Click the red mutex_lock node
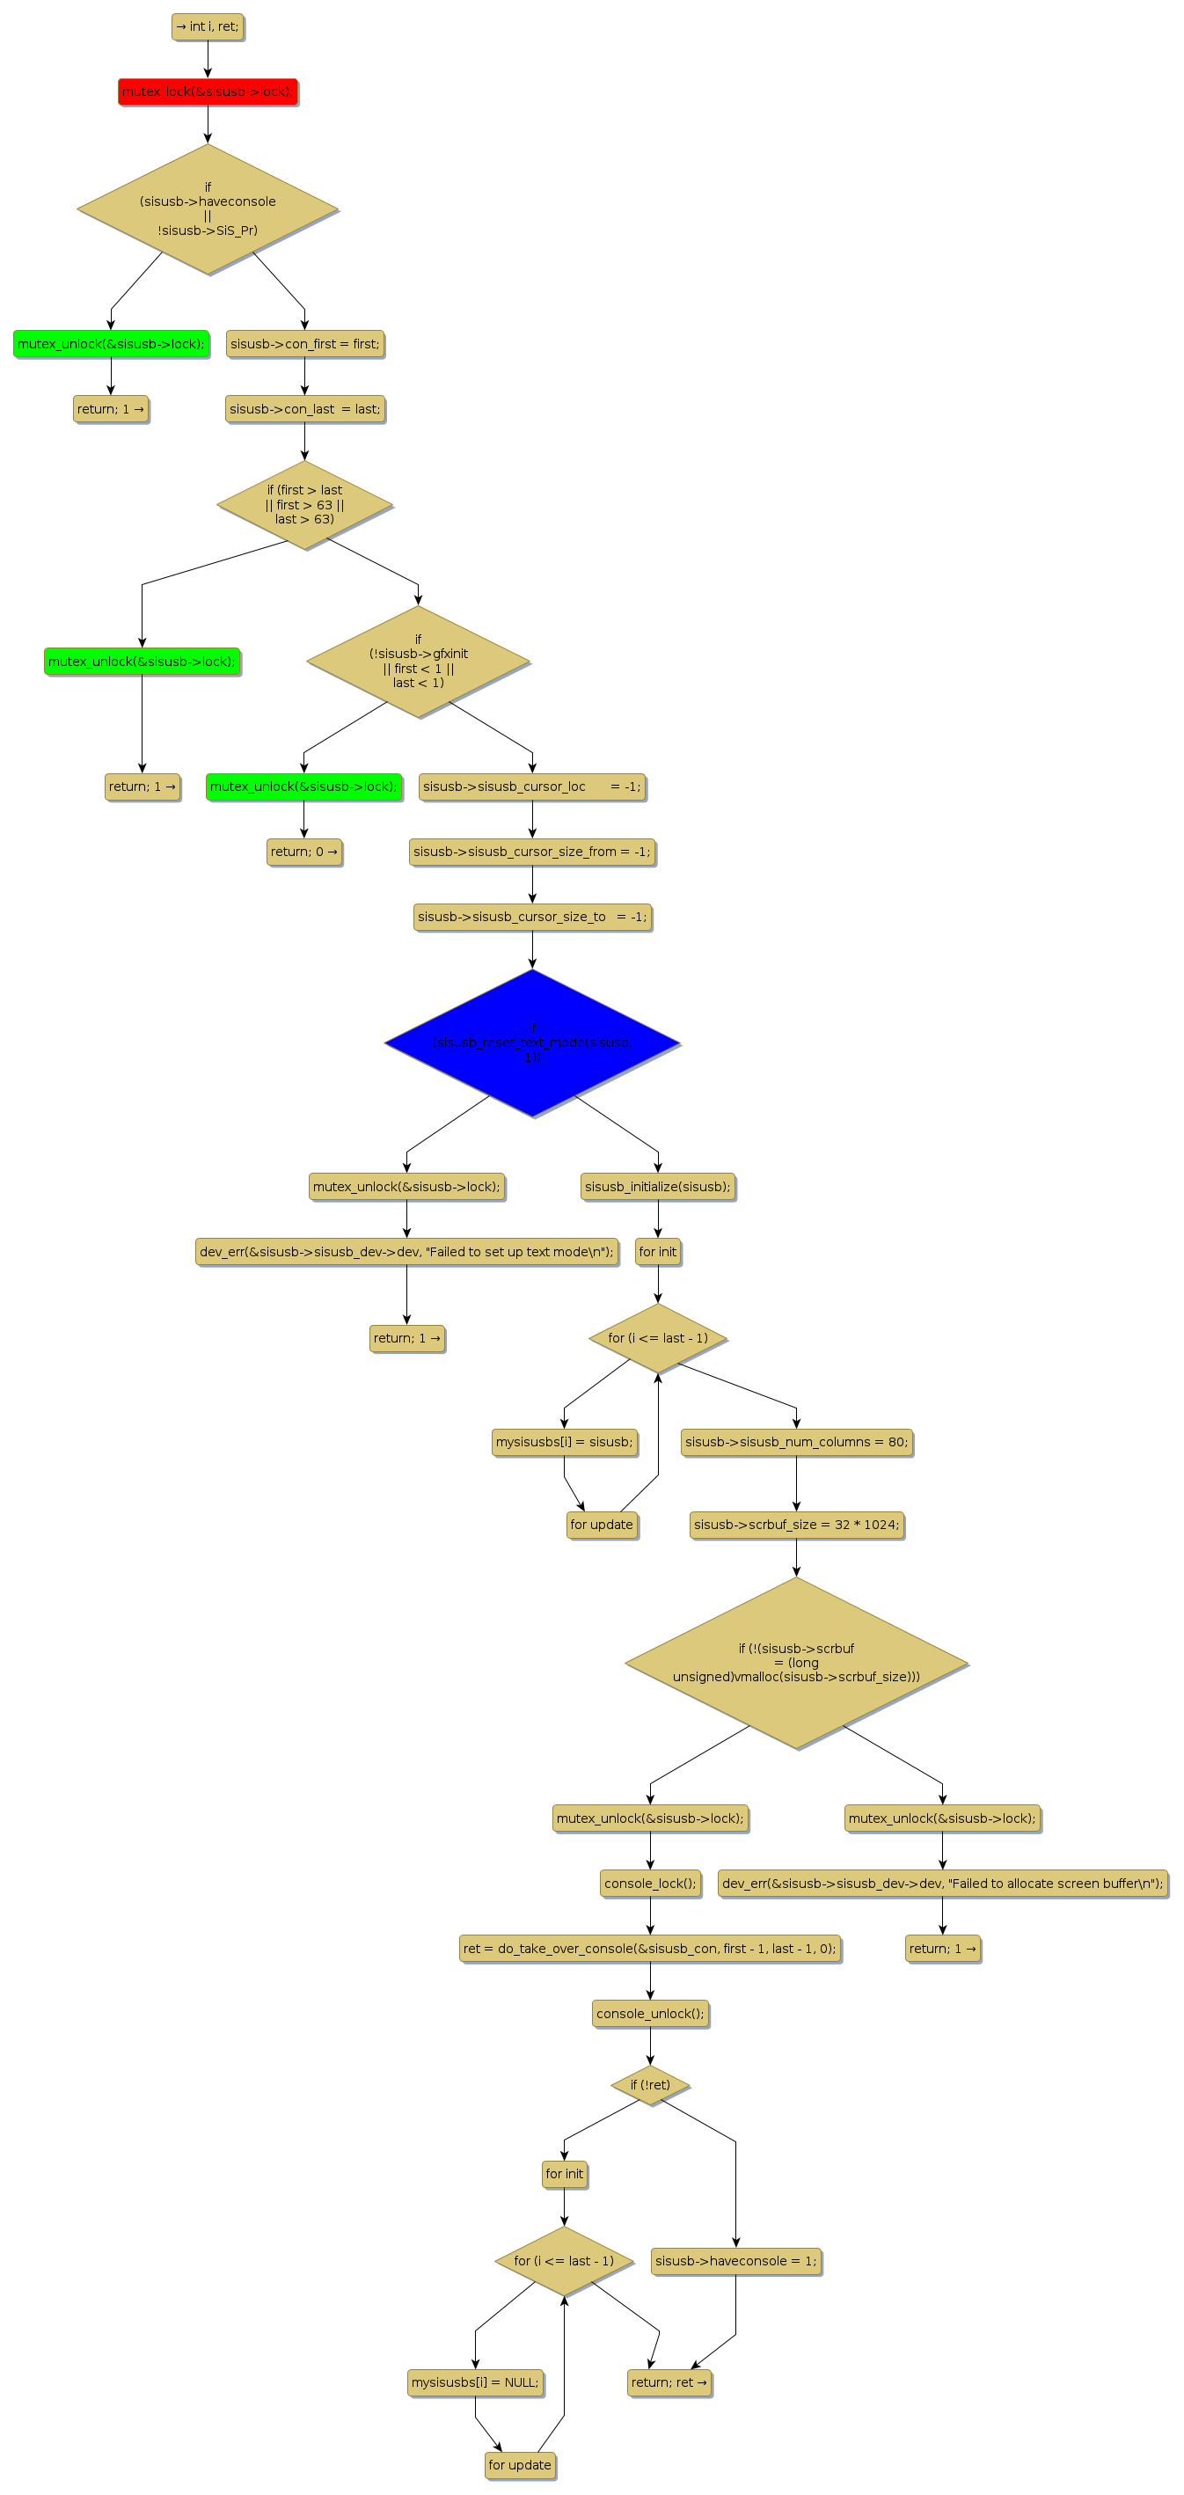(208, 92)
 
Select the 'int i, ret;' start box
(208, 27)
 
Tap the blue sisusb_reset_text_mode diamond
(531, 1043)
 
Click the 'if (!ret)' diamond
(649, 2084)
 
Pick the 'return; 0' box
(304, 852)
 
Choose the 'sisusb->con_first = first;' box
(305, 344)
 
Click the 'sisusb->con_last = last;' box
(305, 409)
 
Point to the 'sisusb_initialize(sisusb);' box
(657, 1187)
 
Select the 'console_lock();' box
(649, 1883)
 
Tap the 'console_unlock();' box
(649, 2014)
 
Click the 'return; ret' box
(669, 2382)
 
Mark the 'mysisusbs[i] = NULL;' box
(474, 2382)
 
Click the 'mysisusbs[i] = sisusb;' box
(565, 1442)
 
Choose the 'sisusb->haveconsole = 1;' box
(735, 2261)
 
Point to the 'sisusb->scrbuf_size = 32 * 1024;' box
(796, 1525)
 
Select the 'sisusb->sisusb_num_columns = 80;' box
(796, 1442)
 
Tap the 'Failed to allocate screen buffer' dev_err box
(942, 1883)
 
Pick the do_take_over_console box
(649, 1949)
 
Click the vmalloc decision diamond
(796, 1662)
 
